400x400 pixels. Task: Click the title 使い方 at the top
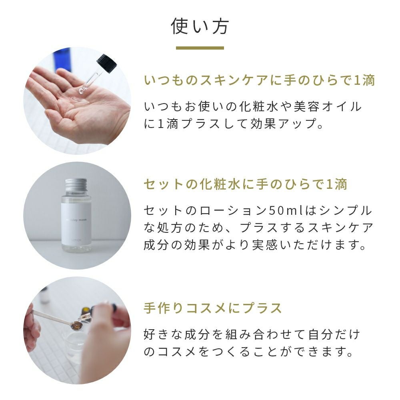coord(200,26)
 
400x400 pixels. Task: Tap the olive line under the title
coord(200,48)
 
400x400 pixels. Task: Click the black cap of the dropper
coord(106,63)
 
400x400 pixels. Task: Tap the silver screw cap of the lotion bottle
coord(76,185)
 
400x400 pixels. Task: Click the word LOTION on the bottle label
coord(76,240)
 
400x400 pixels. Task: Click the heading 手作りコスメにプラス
coord(213,308)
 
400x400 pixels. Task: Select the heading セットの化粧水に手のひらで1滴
coord(246,184)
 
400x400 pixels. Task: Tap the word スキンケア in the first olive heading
coord(234,80)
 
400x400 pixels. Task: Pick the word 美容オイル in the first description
coord(328,107)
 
